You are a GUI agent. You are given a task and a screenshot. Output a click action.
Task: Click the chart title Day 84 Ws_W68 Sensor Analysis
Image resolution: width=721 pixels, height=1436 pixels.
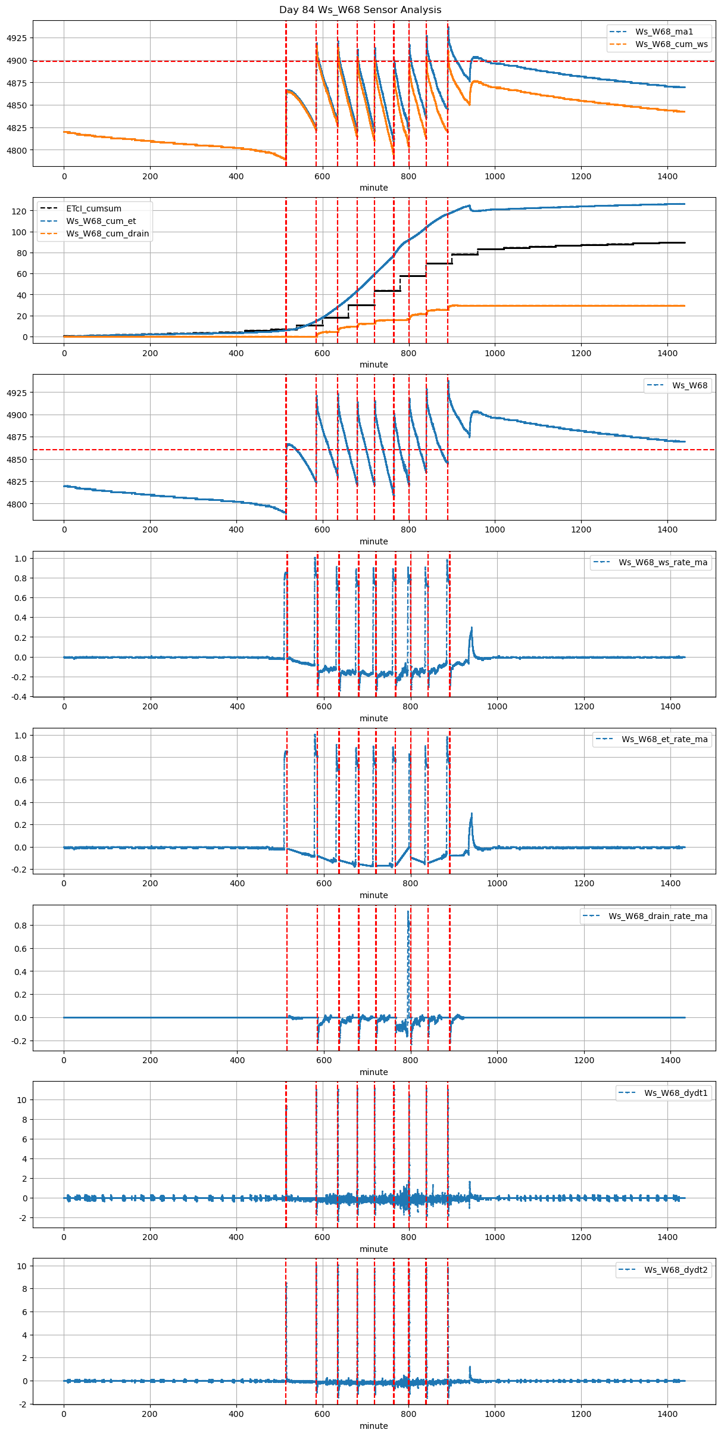pyautogui.click(x=360, y=10)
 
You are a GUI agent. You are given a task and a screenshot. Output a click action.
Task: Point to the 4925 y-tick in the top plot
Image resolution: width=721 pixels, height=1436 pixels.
pyautogui.click(x=17, y=38)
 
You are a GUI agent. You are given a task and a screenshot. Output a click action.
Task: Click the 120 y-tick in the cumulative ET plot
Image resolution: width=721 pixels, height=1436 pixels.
pyautogui.click(x=20, y=211)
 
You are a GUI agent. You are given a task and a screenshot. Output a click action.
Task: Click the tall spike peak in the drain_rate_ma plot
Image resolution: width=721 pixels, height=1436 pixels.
pyautogui.click(x=408, y=911)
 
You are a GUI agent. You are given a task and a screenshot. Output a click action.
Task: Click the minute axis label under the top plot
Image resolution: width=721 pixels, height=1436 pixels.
pyautogui.click(x=373, y=188)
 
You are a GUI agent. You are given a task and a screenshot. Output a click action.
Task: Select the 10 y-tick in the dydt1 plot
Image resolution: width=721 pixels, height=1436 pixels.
pyautogui.click(x=22, y=1100)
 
